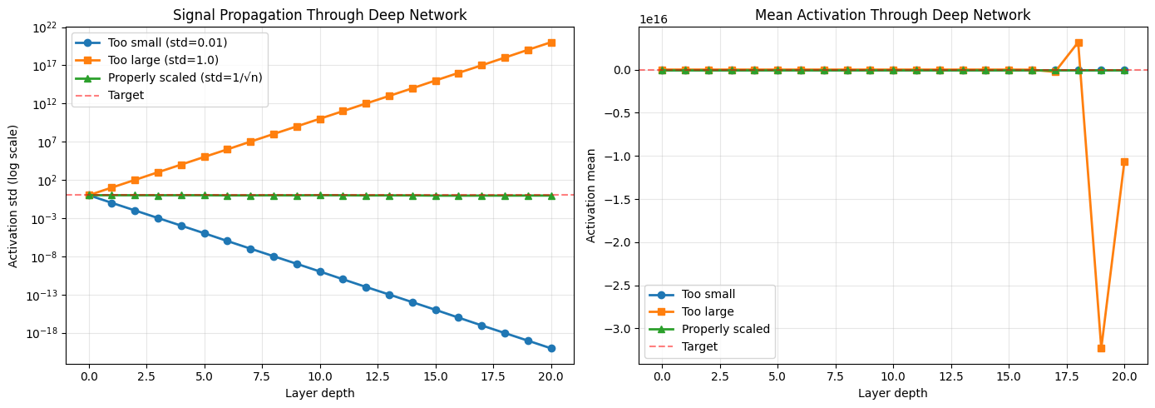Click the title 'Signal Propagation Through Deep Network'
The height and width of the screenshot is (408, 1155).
click(319, 15)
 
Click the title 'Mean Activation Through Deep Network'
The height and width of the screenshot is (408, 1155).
click(892, 15)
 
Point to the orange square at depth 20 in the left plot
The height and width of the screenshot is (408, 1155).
click(551, 42)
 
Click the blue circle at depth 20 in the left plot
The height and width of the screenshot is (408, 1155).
click(551, 349)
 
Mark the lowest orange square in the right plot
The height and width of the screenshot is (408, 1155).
click(1102, 349)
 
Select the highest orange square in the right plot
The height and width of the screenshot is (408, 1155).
click(1078, 42)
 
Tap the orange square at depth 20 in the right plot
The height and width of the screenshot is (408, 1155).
click(1124, 162)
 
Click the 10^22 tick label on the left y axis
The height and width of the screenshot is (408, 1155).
click(45, 27)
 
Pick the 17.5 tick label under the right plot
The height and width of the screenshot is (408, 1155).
click(1055, 376)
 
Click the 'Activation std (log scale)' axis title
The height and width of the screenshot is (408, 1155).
click(13, 197)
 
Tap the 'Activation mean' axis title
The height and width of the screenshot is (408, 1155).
click(591, 197)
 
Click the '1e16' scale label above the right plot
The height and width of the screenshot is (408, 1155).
click(654, 20)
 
